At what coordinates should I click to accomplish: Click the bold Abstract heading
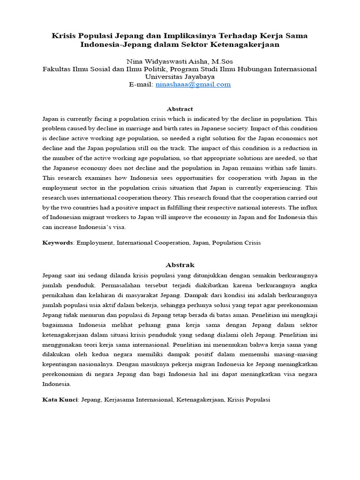click(180, 109)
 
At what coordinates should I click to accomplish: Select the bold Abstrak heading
click(180, 265)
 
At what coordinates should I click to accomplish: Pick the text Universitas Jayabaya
click(180, 76)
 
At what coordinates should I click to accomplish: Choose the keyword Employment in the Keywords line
click(95, 243)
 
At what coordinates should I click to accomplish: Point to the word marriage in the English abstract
click(138, 128)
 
